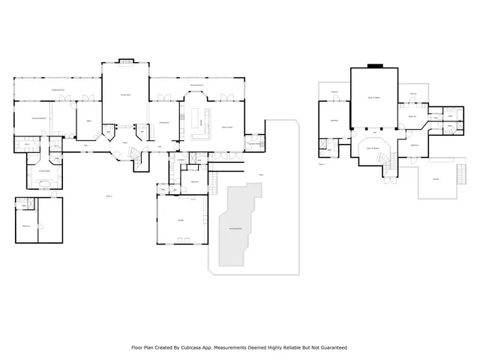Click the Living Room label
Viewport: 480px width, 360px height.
pyautogui.click(x=126, y=95)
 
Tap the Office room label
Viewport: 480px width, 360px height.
pyautogui.click(x=88, y=121)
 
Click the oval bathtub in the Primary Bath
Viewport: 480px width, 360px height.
pyautogui.click(x=45, y=182)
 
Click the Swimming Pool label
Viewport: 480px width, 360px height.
pyautogui.click(x=235, y=227)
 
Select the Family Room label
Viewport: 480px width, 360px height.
pyautogui.click(x=226, y=127)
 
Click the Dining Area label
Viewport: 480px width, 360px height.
pyautogui.click(x=163, y=121)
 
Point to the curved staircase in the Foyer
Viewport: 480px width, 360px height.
pyautogui.click(x=134, y=152)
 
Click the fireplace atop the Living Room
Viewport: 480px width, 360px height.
pyautogui.click(x=126, y=61)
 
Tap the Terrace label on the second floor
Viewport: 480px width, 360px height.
pyautogui.click(x=436, y=178)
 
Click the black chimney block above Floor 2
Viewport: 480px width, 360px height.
pyautogui.click(x=374, y=66)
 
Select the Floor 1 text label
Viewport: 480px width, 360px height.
pyautogui.click(x=109, y=196)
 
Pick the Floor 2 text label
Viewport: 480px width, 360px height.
pyautogui.click(x=322, y=163)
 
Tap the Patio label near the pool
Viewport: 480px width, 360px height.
pyautogui.click(x=260, y=175)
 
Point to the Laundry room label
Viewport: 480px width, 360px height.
pyautogui.click(x=181, y=160)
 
